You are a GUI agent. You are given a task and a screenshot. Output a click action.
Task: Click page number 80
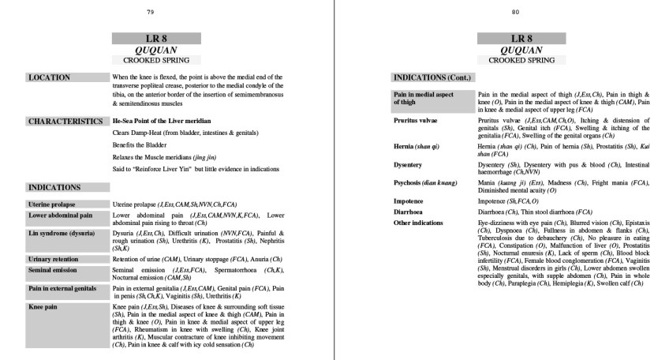point(515,12)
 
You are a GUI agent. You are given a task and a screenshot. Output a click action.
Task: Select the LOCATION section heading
point(49,77)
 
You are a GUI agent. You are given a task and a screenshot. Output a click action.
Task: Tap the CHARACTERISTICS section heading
point(66,122)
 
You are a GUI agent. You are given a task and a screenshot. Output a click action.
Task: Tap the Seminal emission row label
point(52,269)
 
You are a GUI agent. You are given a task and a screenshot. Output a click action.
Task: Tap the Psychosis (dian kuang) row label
point(426,182)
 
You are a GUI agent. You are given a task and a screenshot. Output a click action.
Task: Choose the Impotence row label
point(411,201)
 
